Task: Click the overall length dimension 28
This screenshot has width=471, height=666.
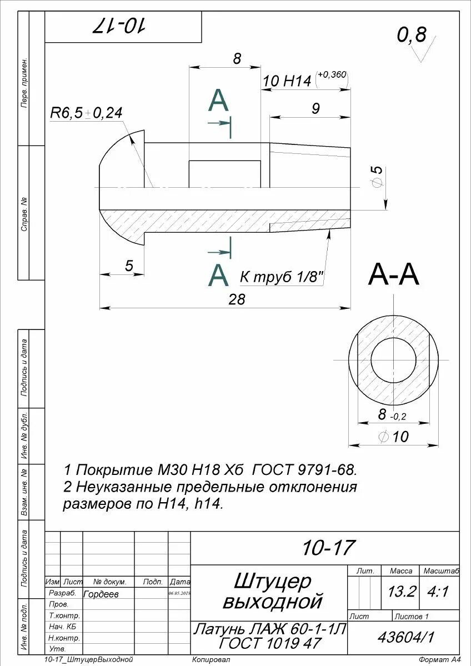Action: point(237,299)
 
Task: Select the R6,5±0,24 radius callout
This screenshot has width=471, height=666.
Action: point(86,113)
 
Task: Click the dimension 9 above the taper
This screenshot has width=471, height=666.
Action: point(315,108)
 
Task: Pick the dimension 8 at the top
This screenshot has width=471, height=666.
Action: point(237,59)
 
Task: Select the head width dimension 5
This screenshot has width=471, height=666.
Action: point(129,266)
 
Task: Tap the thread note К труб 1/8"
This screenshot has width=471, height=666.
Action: point(282,277)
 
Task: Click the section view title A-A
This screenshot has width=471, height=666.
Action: point(393,275)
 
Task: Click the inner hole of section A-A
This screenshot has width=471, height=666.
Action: point(394,360)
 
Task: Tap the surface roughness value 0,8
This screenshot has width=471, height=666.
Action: point(411,36)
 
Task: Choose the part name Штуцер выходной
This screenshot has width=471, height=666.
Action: point(272,592)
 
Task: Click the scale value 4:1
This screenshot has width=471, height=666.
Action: point(438,592)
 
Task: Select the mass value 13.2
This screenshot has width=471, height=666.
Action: point(401,592)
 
